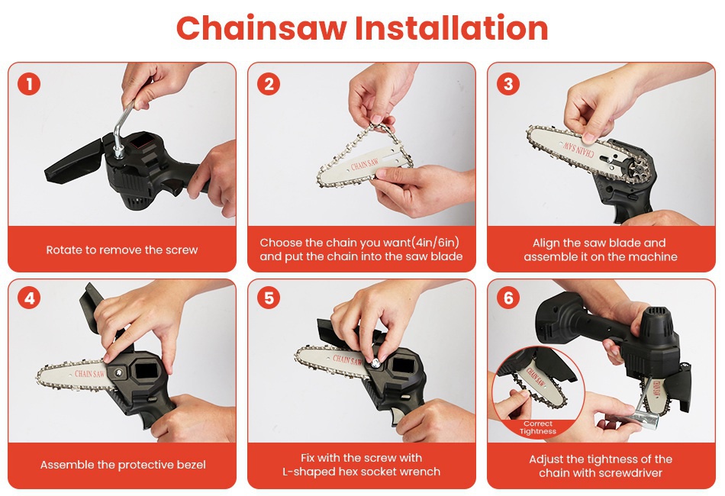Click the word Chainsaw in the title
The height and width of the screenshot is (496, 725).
[x=262, y=28]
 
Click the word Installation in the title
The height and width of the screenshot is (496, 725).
[x=451, y=28]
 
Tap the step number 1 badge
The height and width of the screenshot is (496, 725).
[x=29, y=84]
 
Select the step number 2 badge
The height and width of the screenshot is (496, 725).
[x=269, y=84]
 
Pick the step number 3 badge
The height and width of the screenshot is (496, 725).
[x=508, y=84]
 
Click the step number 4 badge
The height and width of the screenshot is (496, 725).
[x=29, y=298]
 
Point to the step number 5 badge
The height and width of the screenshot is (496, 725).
[x=269, y=298]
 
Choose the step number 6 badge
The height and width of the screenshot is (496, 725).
[x=508, y=298]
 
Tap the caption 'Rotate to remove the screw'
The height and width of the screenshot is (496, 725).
[x=122, y=250]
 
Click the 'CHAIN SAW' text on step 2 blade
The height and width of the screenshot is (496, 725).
[x=365, y=163]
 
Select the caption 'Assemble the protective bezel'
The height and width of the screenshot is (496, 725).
[x=123, y=465]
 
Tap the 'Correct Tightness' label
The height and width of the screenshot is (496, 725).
[x=538, y=427]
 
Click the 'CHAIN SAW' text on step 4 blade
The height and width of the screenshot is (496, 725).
[x=90, y=373]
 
